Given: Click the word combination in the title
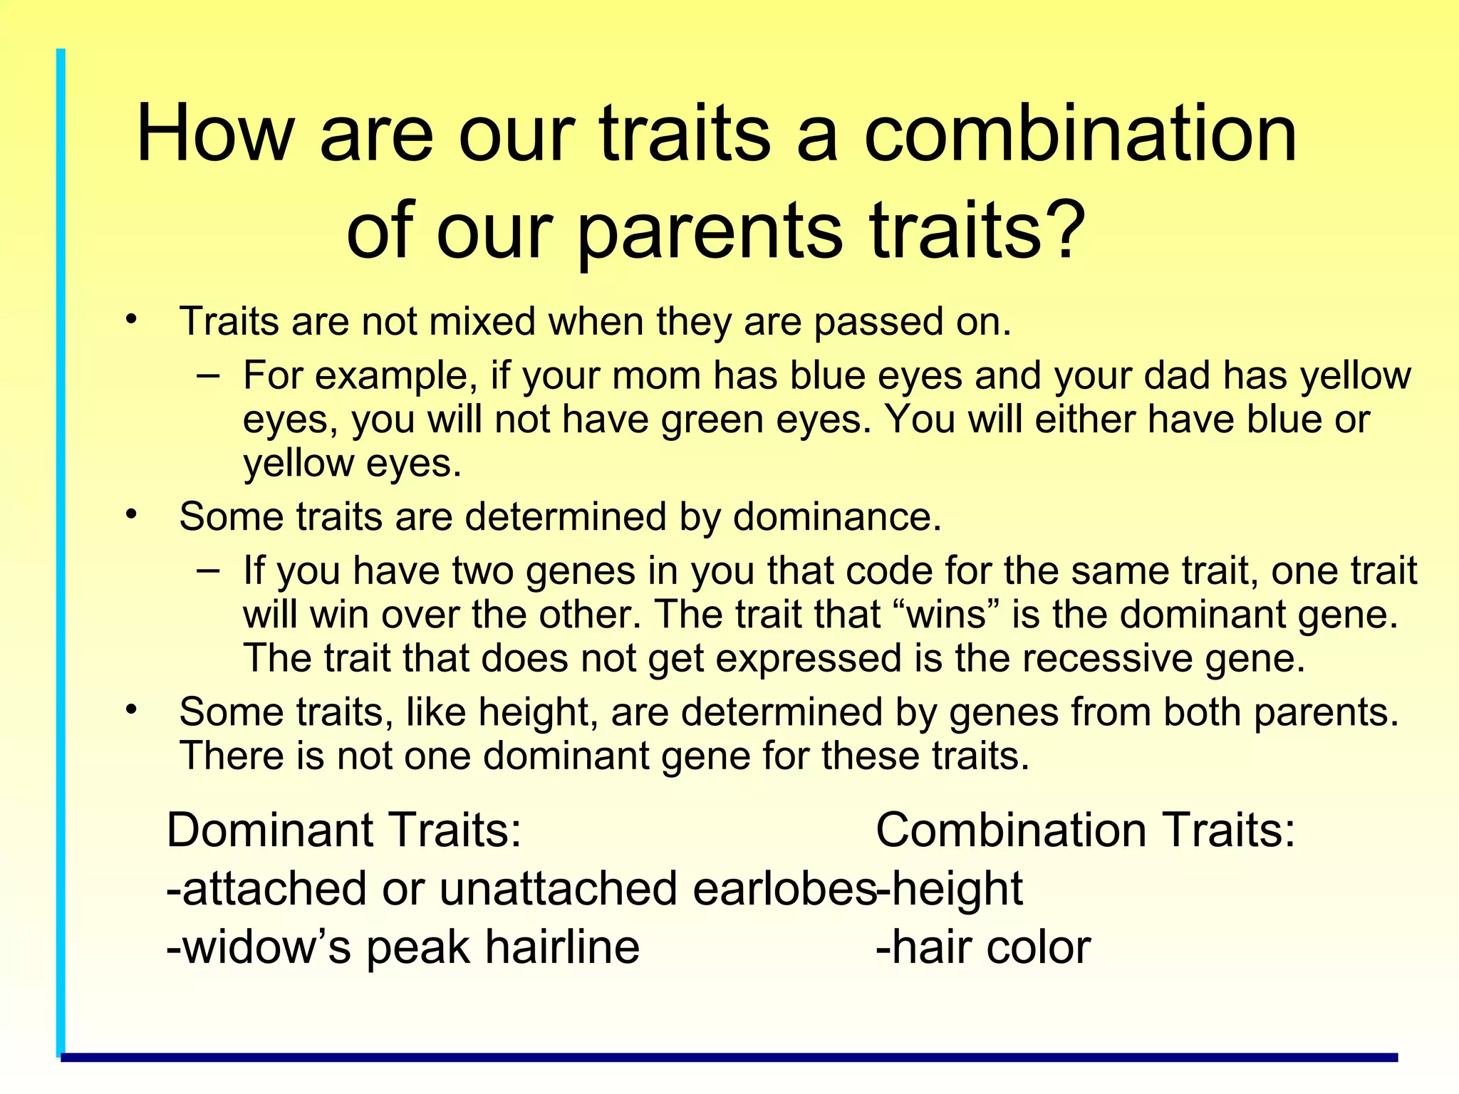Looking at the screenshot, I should click(1080, 134).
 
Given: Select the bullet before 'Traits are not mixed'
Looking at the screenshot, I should click(130, 318).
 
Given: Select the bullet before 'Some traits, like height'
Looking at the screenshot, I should click(130, 709).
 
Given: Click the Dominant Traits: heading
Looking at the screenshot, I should click(344, 830).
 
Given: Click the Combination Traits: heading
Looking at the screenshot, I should click(1084, 830).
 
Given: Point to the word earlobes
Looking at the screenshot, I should click(784, 889).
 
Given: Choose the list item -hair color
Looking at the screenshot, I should click(983, 947).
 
